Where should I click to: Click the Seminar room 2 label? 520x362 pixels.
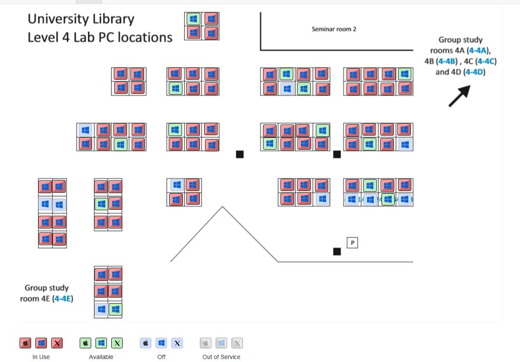pos(334,29)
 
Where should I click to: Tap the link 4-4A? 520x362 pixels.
pos(478,51)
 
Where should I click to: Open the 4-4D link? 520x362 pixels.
pos(474,72)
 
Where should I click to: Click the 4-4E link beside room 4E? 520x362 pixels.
pos(62,298)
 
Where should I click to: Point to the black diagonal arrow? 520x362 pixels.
pos(459,96)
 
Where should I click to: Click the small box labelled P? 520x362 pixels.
pos(352,243)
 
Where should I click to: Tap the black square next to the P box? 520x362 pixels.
pos(337,252)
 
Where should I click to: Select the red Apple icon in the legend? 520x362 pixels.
pos(26,343)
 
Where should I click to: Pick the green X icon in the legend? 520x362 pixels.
pos(117,343)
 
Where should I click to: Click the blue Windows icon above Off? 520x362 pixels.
pos(161,343)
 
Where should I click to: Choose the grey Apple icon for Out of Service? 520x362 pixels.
pos(206,343)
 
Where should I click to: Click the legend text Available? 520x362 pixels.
pos(101,357)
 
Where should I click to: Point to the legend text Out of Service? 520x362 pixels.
pos(221,357)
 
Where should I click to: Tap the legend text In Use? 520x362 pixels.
pos(41,357)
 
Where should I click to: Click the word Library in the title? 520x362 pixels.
pos(112,19)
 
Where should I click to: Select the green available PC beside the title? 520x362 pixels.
pos(194,19)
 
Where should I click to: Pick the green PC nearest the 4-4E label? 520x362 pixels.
pos(115,309)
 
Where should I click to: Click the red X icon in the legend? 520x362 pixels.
pos(57,343)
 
